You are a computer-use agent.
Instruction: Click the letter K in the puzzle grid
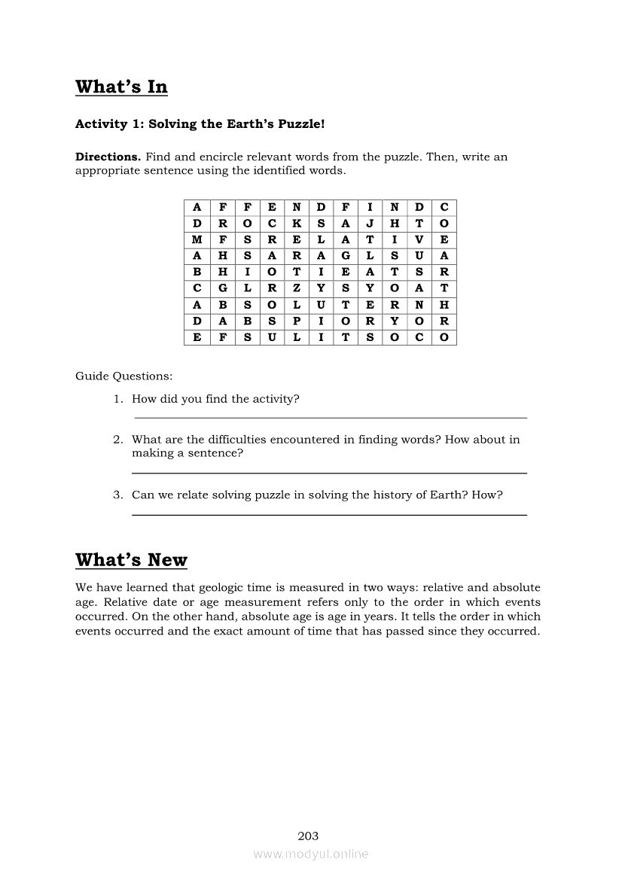pyautogui.click(x=297, y=224)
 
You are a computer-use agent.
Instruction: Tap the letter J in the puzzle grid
pyautogui.click(x=370, y=224)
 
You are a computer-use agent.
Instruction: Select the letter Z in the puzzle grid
pyautogui.click(x=297, y=288)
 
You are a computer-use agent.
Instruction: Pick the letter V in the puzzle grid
pyautogui.click(x=419, y=240)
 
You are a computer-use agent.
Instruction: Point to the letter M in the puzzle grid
pyautogui.click(x=197, y=240)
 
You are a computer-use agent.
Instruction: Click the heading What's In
pyautogui.click(x=121, y=87)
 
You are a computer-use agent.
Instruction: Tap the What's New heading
pyautogui.click(x=131, y=560)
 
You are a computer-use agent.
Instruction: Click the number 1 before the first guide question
pyautogui.click(x=117, y=399)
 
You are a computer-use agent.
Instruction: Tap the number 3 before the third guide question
pyautogui.click(x=117, y=495)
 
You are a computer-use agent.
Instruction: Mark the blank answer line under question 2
pyautogui.click(x=329, y=473)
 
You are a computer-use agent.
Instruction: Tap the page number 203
pyautogui.click(x=308, y=836)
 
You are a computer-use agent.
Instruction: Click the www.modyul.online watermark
pyautogui.click(x=311, y=854)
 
